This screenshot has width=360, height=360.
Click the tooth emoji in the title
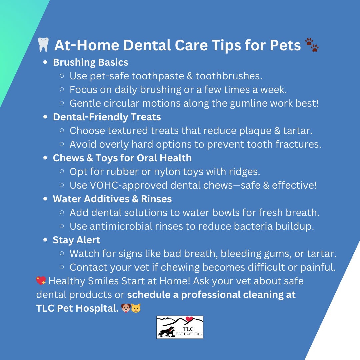click(x=43, y=45)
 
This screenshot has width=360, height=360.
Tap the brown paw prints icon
click(x=312, y=45)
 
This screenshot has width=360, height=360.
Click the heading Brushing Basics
click(x=91, y=63)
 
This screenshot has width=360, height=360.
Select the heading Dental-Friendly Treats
click(x=107, y=117)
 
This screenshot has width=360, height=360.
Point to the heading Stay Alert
click(x=76, y=240)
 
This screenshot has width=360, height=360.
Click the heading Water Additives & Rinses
click(x=112, y=199)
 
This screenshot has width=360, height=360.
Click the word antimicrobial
click(x=121, y=226)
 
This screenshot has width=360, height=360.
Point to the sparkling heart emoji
click(x=41, y=281)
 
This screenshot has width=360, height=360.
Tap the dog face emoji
click(x=126, y=308)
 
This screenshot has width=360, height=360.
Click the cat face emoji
click(x=136, y=308)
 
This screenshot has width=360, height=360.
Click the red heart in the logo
click(x=189, y=319)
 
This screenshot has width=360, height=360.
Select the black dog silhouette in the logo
click(x=165, y=332)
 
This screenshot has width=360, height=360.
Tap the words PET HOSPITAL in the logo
click(x=189, y=334)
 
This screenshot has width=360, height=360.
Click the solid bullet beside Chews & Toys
click(x=45, y=158)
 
